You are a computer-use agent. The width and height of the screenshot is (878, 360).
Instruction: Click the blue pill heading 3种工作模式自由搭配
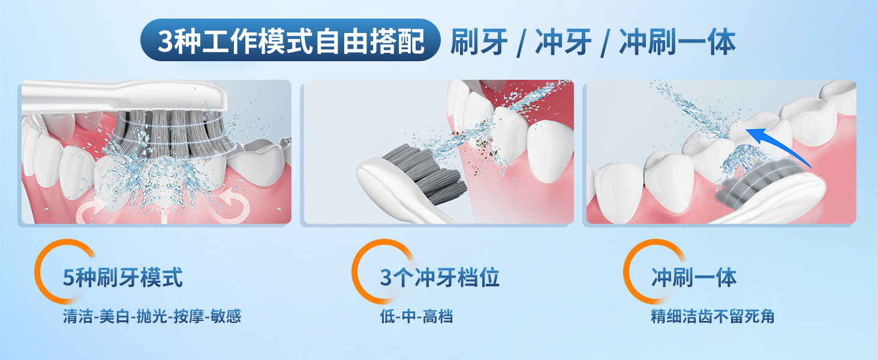[290, 40]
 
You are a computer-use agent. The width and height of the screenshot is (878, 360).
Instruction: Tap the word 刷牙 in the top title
[479, 41]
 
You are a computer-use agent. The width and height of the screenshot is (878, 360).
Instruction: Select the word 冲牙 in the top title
[563, 41]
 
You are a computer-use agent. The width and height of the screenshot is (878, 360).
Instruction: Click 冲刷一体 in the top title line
[677, 41]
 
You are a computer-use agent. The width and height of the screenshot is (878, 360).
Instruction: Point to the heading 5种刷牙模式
[123, 278]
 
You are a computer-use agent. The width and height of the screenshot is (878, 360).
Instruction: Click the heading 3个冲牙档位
[440, 278]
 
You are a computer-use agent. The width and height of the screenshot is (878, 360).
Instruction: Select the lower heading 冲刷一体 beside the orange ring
[694, 278]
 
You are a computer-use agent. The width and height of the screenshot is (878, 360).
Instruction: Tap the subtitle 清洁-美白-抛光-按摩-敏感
[152, 316]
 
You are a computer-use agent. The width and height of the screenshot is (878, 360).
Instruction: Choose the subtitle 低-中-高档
[416, 316]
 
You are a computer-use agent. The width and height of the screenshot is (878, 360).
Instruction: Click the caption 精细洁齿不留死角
[712, 316]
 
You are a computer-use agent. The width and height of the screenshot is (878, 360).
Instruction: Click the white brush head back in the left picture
[125, 96]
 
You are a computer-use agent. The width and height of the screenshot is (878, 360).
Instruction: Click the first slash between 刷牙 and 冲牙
[521, 44]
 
